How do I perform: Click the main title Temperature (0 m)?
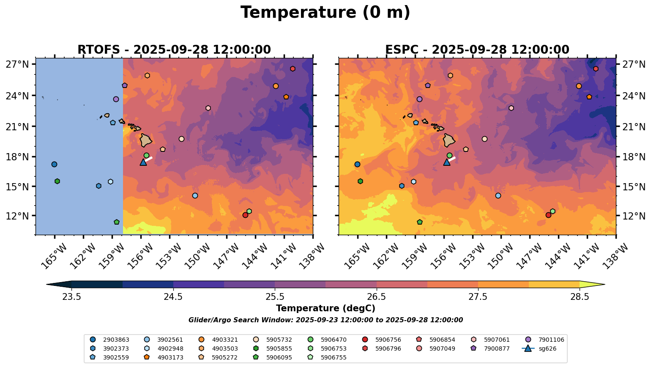(325, 13)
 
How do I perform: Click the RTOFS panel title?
(174, 49)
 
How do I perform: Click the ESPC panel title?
(477, 49)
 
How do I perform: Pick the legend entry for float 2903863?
(110, 340)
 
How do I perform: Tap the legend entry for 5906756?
(382, 340)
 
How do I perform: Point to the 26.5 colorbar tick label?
(376, 297)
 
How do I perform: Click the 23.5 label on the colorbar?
(71, 297)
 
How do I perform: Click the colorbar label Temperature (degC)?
(325, 308)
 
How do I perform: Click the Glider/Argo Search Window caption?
(325, 320)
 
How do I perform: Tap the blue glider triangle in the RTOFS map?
(143, 162)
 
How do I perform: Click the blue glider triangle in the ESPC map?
(447, 162)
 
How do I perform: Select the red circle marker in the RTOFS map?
(245, 215)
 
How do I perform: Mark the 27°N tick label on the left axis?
(17, 64)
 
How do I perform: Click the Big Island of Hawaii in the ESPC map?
(449, 140)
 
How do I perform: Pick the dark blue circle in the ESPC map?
(357, 164)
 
